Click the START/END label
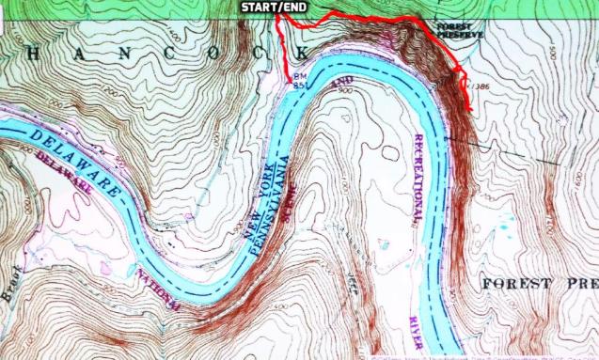(274, 8)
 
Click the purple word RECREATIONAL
(419, 179)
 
